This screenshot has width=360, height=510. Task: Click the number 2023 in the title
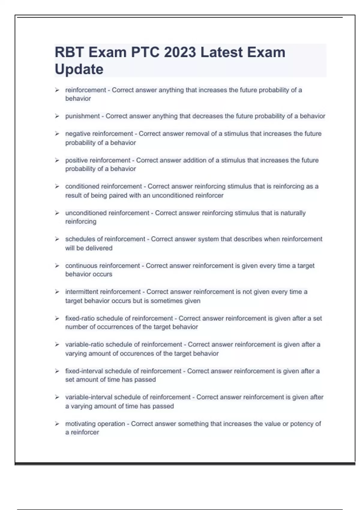click(180, 52)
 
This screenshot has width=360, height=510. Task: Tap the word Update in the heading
click(79, 69)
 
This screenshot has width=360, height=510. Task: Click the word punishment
click(82, 116)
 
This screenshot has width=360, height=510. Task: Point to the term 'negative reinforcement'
click(99, 134)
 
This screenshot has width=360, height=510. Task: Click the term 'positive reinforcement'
click(98, 160)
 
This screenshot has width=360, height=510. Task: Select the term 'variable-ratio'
click(84, 344)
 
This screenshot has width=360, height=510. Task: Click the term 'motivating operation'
click(95, 424)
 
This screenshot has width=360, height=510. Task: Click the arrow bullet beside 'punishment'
click(57, 116)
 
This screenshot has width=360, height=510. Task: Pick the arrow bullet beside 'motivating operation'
click(57, 424)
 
